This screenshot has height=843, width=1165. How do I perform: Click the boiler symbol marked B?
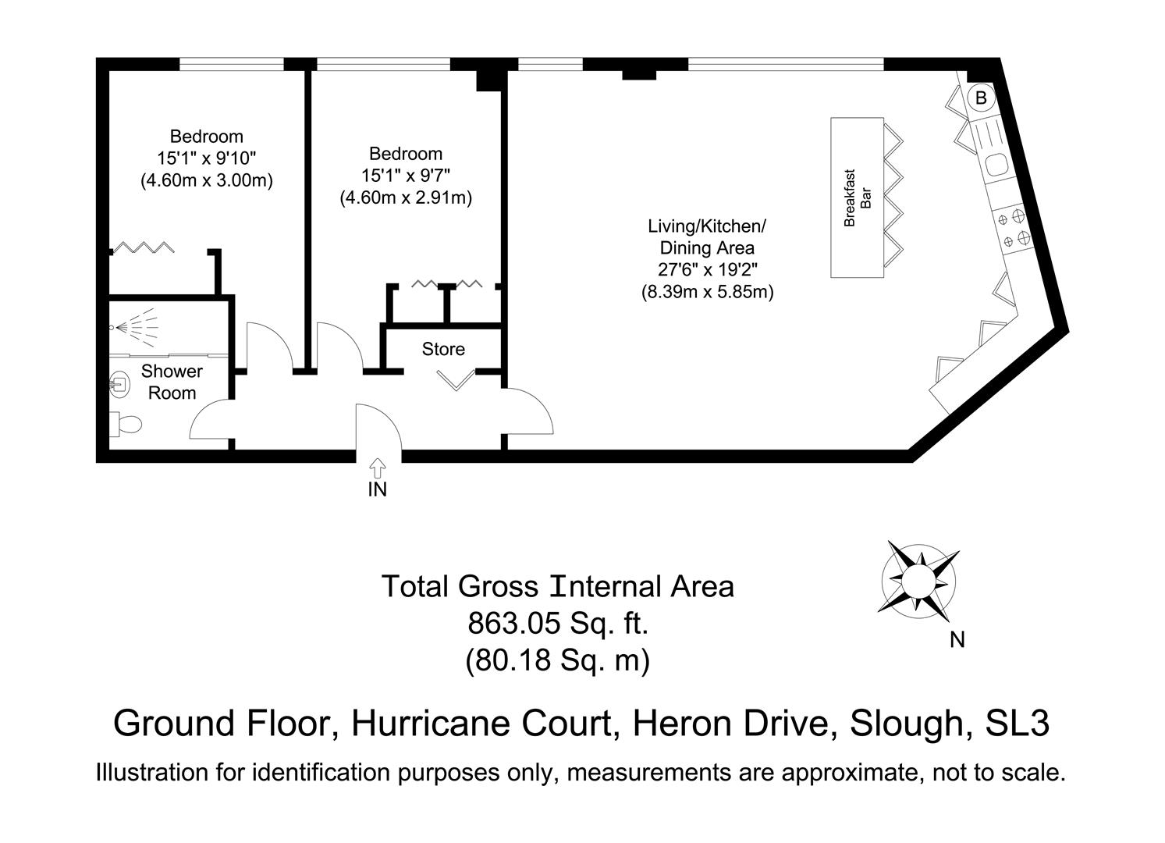tap(982, 98)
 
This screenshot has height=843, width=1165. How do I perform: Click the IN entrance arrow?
tap(377, 468)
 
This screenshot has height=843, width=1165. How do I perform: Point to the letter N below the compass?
tap(957, 640)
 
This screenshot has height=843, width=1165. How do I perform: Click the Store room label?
tap(443, 349)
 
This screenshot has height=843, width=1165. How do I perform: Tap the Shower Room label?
tap(172, 382)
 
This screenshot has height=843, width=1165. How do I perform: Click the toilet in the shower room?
tap(126, 424)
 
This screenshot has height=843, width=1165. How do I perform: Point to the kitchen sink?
tap(996, 165)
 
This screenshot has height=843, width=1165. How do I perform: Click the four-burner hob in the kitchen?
tap(1010, 228)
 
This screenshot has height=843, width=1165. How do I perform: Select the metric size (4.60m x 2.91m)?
tap(406, 197)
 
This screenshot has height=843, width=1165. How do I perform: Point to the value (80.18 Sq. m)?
tap(557, 660)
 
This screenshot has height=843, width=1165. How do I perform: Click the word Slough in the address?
tap(904, 724)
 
